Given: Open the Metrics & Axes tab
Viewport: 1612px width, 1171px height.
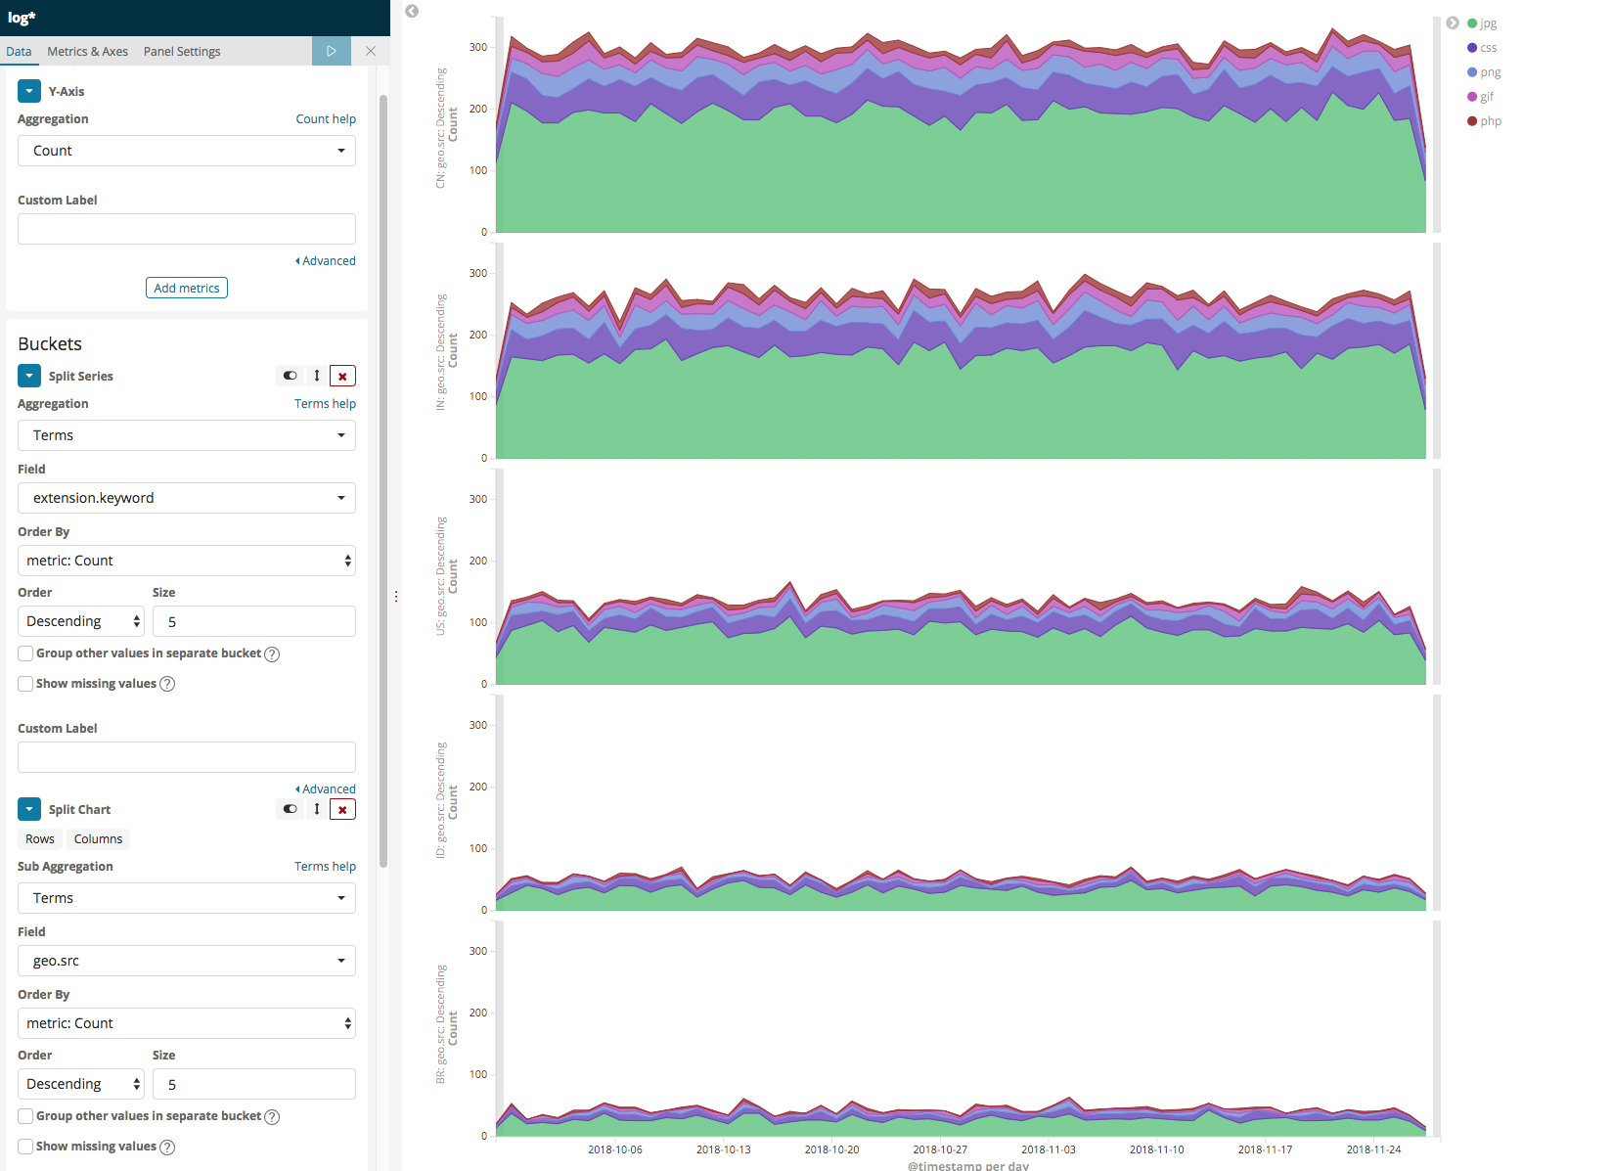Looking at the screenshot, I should pyautogui.click(x=87, y=52).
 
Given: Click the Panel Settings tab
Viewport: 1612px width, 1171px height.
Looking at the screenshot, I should pyautogui.click(x=182, y=52).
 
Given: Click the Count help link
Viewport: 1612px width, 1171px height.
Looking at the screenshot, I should pyautogui.click(x=326, y=119).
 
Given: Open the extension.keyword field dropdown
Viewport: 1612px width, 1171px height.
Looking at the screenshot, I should pyautogui.click(x=186, y=498).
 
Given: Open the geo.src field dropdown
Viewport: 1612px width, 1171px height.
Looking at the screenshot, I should pyautogui.click(x=186, y=961).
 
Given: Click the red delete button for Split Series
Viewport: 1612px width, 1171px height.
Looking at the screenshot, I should pyautogui.click(x=342, y=376).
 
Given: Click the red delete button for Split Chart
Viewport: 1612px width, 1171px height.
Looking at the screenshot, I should pyautogui.click(x=342, y=809).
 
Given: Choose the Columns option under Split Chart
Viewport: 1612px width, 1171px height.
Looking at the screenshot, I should pyautogui.click(x=98, y=839).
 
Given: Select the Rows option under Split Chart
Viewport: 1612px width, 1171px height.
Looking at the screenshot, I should pyautogui.click(x=40, y=839).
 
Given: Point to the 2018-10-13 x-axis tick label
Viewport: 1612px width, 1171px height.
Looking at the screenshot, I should pyautogui.click(x=723, y=1149).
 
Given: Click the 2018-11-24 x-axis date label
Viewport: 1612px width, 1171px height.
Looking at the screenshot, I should pyautogui.click(x=1373, y=1149).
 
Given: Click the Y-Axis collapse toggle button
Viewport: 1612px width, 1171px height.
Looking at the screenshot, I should pyautogui.click(x=29, y=91).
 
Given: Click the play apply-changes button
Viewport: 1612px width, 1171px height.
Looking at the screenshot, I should pyautogui.click(x=332, y=51).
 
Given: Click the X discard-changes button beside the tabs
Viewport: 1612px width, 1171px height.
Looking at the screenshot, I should pyautogui.click(x=371, y=51).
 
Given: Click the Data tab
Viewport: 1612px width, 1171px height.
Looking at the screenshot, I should pyautogui.click(x=19, y=52).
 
